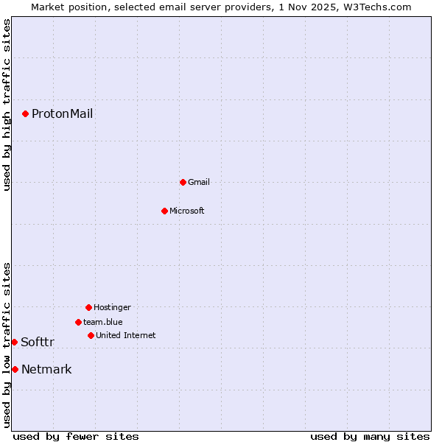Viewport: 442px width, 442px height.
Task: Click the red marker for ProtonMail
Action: pos(25,113)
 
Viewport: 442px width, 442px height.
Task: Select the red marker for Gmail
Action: pos(183,182)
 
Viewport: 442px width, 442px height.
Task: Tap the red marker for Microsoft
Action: pos(164,211)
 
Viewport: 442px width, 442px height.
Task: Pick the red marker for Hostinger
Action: pos(88,307)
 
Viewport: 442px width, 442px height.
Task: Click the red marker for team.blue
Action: pos(78,322)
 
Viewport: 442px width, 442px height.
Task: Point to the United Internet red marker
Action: pos(91,335)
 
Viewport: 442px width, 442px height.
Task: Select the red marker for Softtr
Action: pos(14,342)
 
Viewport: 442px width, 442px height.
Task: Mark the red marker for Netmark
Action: pos(15,369)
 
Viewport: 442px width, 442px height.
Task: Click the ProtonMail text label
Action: pos(62,113)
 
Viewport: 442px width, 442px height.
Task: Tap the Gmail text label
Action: pos(199,182)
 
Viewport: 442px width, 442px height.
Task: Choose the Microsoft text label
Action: pos(187,211)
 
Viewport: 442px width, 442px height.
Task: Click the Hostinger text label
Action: pos(112,307)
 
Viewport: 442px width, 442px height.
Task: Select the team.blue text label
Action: pos(103,322)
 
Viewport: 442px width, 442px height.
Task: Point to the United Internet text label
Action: pos(126,335)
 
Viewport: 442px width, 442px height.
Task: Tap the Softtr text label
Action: pos(38,342)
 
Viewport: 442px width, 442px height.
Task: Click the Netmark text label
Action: pos(46,369)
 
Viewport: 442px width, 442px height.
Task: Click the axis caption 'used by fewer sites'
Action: pos(76,436)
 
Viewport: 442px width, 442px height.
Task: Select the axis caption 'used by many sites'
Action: pos(370,436)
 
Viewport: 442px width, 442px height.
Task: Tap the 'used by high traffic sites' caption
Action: pos(7,105)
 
